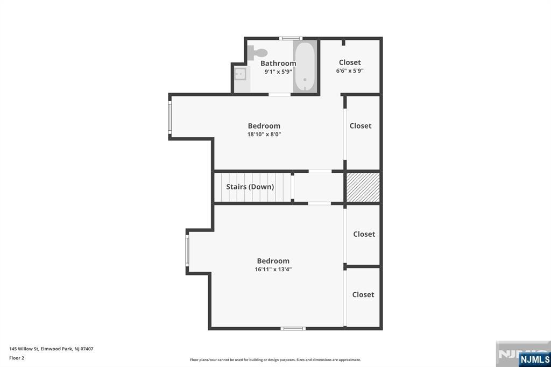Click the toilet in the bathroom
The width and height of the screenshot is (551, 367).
(x=257, y=52)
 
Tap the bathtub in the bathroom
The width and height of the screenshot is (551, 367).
(x=305, y=66)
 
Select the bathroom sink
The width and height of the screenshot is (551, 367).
(x=240, y=74)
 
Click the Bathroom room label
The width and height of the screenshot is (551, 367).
(x=278, y=63)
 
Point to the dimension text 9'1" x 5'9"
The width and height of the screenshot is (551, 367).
(x=278, y=72)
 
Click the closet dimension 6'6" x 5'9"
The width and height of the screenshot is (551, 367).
(x=350, y=70)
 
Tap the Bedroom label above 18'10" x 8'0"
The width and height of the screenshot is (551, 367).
(x=264, y=126)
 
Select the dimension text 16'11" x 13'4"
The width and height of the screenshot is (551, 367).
(x=273, y=269)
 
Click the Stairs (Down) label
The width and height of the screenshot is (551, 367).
(x=250, y=187)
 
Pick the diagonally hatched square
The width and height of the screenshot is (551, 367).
(x=363, y=187)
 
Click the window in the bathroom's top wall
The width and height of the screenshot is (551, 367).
(x=291, y=38)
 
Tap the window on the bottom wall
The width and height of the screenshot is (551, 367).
(x=293, y=328)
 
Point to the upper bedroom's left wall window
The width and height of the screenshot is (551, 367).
(x=169, y=117)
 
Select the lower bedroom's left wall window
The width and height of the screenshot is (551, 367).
(x=187, y=251)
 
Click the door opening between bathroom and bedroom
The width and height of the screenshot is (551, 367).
(x=280, y=94)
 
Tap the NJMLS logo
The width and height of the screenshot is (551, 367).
(x=534, y=359)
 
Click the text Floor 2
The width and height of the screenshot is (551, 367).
(x=17, y=358)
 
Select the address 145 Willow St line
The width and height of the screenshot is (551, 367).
(x=51, y=349)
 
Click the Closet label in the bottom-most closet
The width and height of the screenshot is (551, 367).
(x=363, y=294)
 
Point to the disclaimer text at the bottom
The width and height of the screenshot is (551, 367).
(x=275, y=359)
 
